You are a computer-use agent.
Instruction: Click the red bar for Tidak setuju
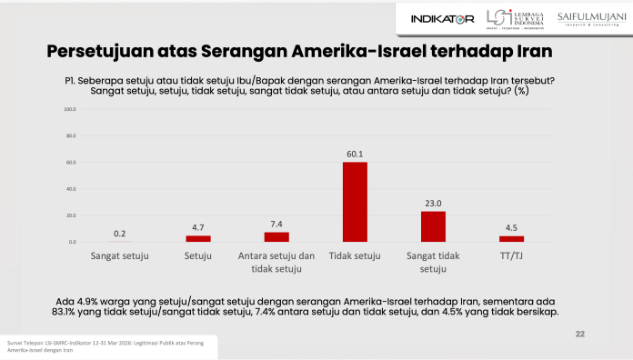(x=355, y=202)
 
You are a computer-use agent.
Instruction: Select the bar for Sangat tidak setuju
(x=433, y=226)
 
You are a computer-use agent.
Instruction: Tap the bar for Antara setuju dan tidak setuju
(x=276, y=237)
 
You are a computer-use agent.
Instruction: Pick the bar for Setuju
(x=197, y=239)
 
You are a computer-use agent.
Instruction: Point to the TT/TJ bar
(x=511, y=239)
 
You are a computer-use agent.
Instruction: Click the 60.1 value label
(x=355, y=155)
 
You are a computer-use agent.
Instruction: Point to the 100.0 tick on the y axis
(x=69, y=109)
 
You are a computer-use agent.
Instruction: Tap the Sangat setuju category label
(x=119, y=257)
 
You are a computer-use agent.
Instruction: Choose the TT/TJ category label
(x=511, y=257)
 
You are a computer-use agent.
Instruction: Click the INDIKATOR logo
(x=442, y=18)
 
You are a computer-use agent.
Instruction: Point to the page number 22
(x=579, y=335)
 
